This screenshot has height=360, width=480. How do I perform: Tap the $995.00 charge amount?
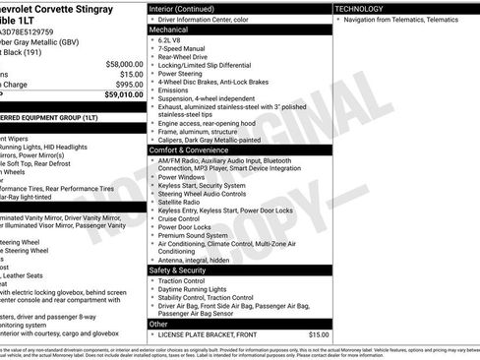click(x=129, y=85)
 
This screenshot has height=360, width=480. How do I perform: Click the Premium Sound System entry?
click(x=196, y=236)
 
